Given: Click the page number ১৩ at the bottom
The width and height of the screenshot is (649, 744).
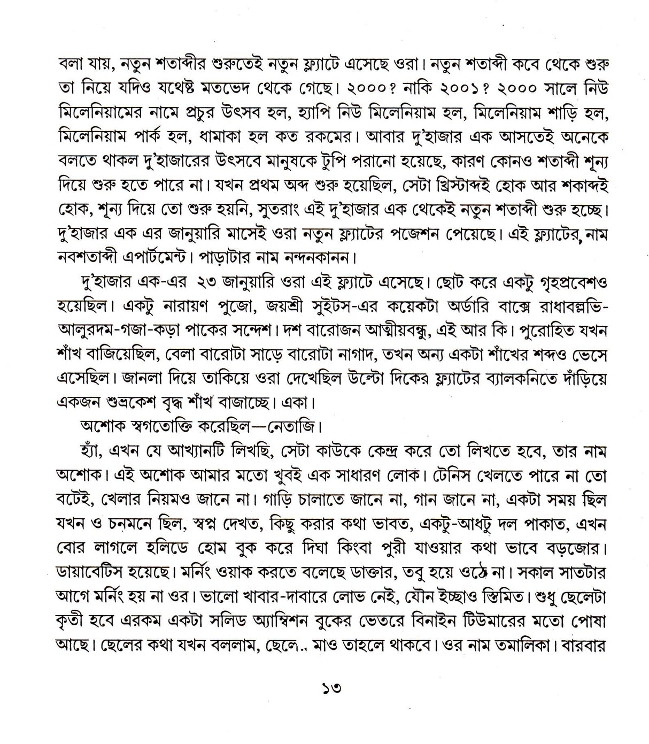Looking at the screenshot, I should coord(324,687).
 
